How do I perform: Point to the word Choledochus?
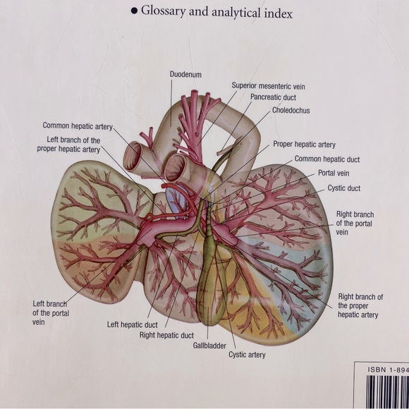pos(291,111)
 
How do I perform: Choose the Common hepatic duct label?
pos(326,159)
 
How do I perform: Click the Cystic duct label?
pos(343,188)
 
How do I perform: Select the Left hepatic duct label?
pos(133,324)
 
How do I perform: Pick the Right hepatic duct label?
pos(167,335)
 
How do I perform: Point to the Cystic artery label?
pos(247,355)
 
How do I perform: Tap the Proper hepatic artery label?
pos(304,145)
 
